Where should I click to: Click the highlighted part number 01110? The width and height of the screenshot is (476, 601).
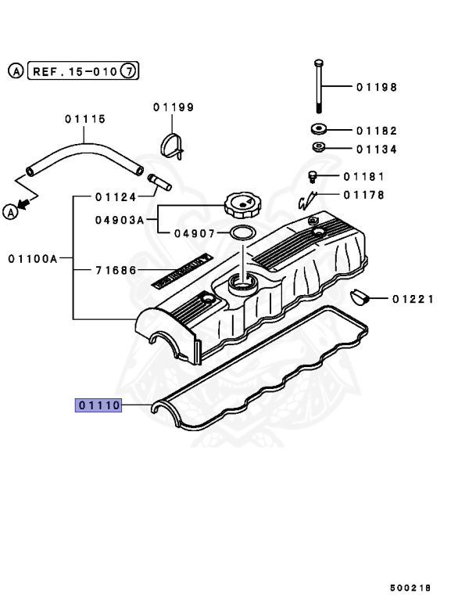(98, 405)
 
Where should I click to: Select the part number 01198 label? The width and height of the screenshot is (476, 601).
(377, 87)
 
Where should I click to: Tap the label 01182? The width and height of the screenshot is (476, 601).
(377, 131)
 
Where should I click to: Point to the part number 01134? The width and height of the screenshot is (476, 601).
(377, 149)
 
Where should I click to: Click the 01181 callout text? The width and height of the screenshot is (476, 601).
(363, 177)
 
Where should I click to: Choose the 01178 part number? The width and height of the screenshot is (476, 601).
(363, 195)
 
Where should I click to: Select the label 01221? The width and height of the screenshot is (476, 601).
(413, 298)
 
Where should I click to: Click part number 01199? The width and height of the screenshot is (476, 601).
(174, 107)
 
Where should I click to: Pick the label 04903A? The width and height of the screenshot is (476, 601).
(120, 221)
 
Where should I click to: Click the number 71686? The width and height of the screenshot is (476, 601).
(116, 270)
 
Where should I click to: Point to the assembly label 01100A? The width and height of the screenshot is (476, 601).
(34, 257)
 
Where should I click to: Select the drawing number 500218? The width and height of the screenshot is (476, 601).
(410, 587)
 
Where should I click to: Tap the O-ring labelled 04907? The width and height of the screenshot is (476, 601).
(242, 232)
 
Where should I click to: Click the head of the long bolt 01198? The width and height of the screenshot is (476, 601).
(319, 63)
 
